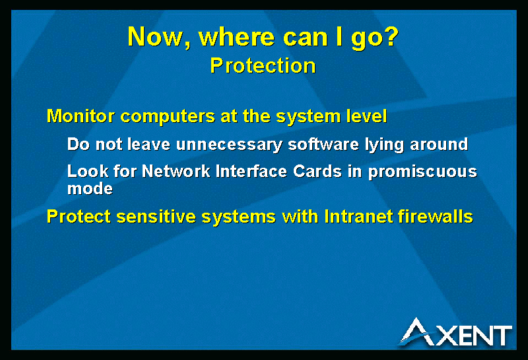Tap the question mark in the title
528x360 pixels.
click(x=391, y=36)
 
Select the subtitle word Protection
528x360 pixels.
click(x=263, y=65)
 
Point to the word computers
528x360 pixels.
click(x=168, y=117)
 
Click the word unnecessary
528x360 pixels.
click(x=229, y=145)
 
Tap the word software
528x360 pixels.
click(x=323, y=144)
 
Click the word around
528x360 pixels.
click(x=439, y=144)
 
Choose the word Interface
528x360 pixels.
click(x=251, y=171)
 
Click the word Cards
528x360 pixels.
click(x=317, y=171)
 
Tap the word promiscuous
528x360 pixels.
click(x=422, y=172)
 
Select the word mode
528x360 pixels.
click(x=90, y=188)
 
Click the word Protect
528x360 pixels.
click(x=79, y=217)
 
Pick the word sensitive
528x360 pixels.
click(x=156, y=217)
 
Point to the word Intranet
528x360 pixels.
click(x=358, y=217)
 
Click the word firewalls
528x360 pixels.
click(x=436, y=217)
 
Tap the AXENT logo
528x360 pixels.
click(x=455, y=332)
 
